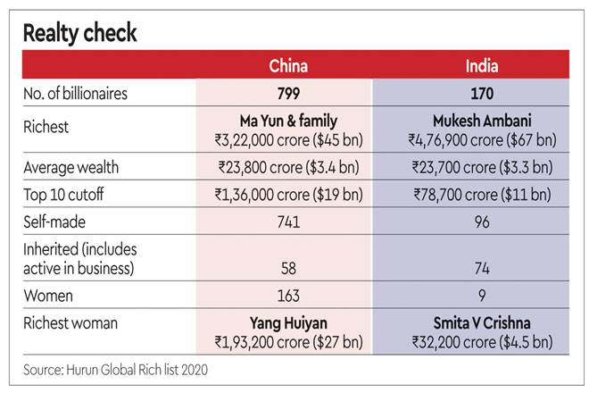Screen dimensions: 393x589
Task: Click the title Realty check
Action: (79, 34)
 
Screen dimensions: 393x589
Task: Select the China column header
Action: (290, 66)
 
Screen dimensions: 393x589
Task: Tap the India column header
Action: (481, 66)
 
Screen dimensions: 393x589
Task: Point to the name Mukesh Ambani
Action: (483, 121)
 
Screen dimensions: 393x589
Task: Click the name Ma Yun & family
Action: (290, 121)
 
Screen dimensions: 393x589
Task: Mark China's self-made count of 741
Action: (290, 222)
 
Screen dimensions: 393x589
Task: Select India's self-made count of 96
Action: (483, 222)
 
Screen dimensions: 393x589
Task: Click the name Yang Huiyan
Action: (290, 322)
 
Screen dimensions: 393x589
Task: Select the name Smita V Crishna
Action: (483, 322)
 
